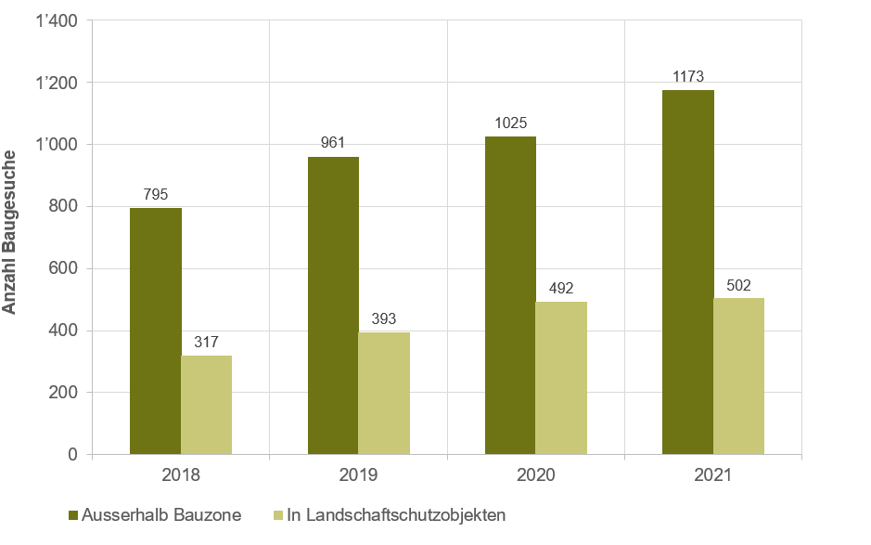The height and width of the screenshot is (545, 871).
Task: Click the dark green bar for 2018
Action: click(155, 331)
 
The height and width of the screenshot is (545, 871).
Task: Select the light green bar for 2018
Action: click(206, 405)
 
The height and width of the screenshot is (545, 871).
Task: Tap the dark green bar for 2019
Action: click(333, 305)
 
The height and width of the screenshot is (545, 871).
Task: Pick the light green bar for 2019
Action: click(384, 394)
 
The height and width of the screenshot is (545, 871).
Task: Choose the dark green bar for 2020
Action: click(510, 295)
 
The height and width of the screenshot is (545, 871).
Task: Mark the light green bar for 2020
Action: click(561, 378)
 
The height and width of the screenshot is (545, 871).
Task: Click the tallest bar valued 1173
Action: click(687, 272)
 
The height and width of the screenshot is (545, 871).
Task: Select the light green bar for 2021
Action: click(738, 376)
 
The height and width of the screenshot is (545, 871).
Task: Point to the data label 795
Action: click(155, 195)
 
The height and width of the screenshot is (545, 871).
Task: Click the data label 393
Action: click(384, 319)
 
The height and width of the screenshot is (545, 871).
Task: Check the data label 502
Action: click(738, 285)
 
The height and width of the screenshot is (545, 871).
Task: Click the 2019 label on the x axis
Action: click(358, 475)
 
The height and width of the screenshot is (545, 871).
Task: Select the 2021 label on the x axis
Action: click(712, 475)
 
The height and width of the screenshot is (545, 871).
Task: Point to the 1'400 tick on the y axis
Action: click(57, 20)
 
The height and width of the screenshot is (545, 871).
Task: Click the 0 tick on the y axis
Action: click(71, 455)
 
